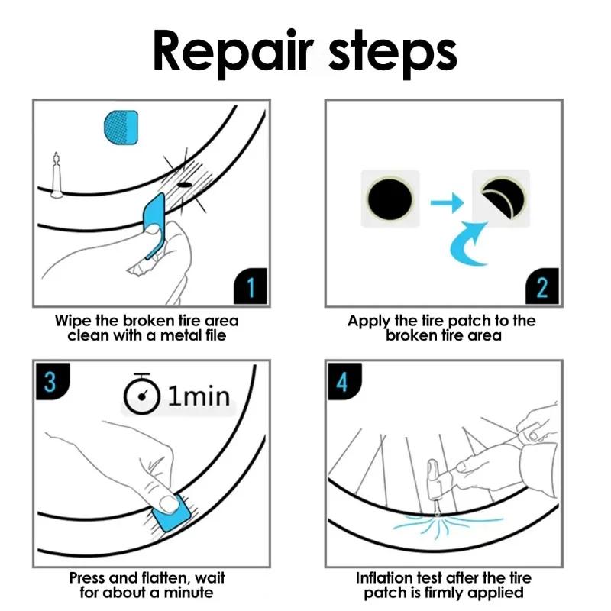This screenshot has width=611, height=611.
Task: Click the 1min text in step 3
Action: click(197, 396)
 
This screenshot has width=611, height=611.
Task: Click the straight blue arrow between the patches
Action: click(445, 202)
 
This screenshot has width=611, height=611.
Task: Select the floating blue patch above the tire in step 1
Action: click(120, 124)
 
